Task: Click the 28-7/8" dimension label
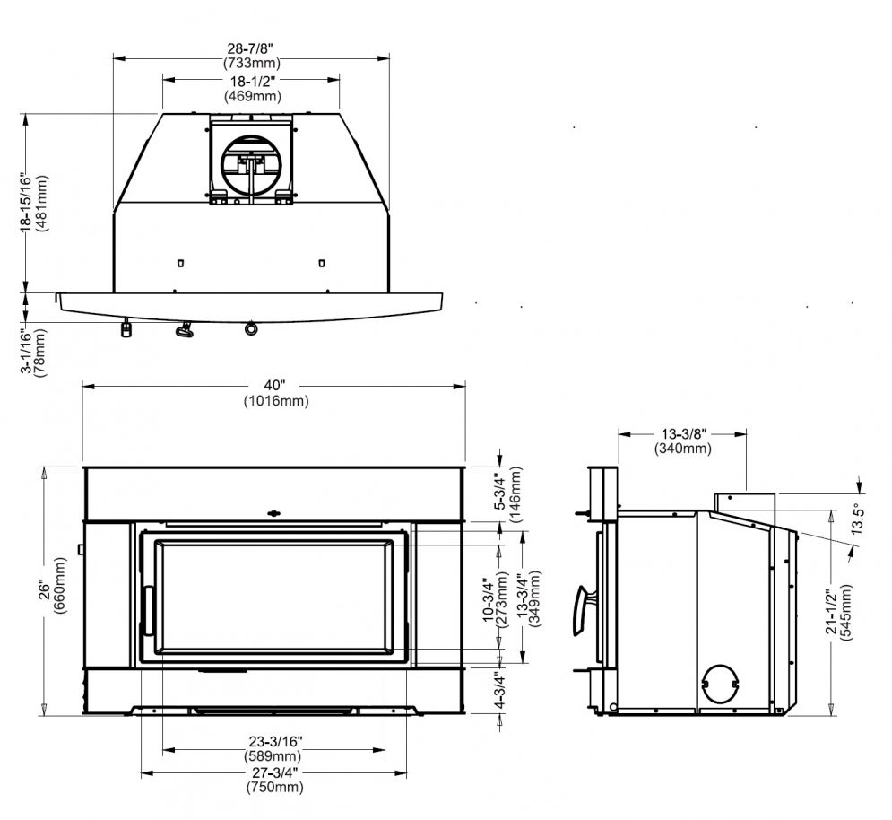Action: point(251,48)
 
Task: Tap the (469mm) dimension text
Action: point(253,96)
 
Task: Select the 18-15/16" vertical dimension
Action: point(26,202)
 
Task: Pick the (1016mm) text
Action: point(276,401)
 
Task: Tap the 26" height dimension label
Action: point(44,590)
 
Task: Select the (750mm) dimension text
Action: point(274,787)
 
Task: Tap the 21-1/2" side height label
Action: point(831,612)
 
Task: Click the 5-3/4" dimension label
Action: point(499,490)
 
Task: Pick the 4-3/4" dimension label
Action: point(499,690)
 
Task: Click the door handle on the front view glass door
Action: point(149,610)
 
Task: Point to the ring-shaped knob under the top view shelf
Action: point(251,328)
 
